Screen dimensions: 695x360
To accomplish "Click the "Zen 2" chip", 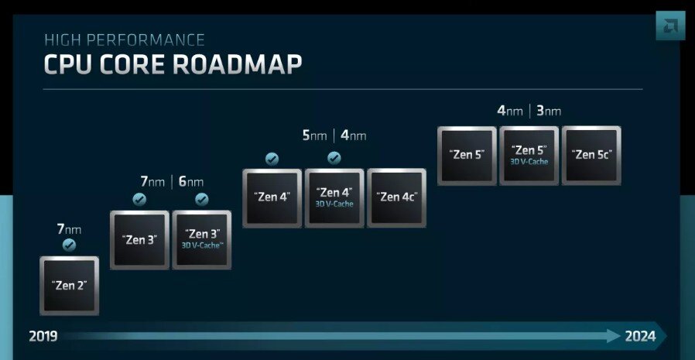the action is (69, 285).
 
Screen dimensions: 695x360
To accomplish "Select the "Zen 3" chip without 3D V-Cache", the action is (139, 239).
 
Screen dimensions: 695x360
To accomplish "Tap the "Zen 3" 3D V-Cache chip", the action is (202, 239).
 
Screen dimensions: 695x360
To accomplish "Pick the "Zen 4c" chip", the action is (396, 197).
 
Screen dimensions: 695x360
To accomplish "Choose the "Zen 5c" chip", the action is (591, 155).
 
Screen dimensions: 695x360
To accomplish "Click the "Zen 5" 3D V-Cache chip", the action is (529, 155).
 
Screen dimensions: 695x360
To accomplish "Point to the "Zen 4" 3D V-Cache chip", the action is (334, 197).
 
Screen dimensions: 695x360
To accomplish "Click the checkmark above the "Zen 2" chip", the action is (69, 245).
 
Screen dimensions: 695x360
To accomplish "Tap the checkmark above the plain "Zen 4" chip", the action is (272, 159).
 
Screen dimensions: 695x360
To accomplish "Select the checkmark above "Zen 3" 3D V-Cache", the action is (202, 200).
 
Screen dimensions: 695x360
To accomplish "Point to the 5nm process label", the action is (314, 135).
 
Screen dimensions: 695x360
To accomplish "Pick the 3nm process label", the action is (549, 111).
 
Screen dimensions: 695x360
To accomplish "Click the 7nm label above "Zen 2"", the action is (68, 229).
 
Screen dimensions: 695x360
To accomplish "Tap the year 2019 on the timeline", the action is (43, 336).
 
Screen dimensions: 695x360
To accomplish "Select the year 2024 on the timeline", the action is (641, 336).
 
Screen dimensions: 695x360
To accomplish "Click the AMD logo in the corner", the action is (670, 26).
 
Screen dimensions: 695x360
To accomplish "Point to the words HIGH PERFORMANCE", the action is (124, 39).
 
